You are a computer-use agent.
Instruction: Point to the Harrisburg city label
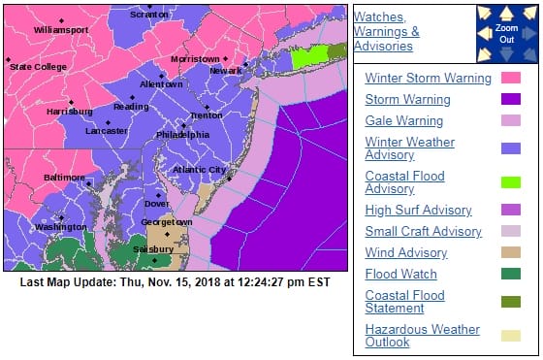click(70, 112)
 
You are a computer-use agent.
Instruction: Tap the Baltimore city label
click(64, 178)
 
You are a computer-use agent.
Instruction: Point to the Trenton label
click(207, 115)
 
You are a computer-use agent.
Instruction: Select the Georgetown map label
click(167, 221)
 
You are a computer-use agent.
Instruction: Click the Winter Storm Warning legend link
click(421, 78)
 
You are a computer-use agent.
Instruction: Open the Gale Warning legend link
click(404, 121)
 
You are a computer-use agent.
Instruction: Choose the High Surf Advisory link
click(418, 210)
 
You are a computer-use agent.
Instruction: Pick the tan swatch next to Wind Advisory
click(511, 252)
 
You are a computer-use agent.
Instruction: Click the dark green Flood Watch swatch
click(511, 275)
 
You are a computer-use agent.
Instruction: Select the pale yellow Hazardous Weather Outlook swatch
click(511, 336)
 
